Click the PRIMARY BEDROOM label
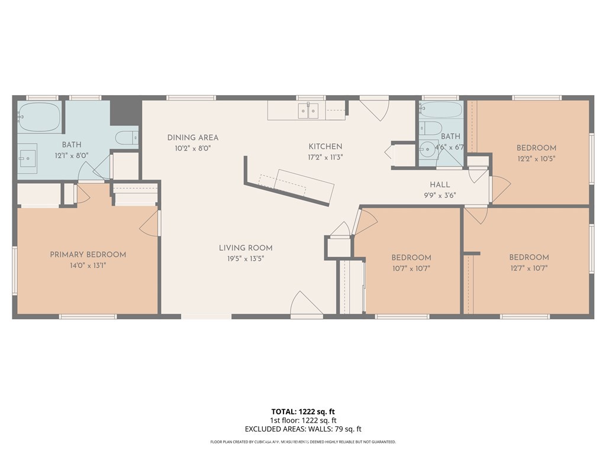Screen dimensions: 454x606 point(88,255)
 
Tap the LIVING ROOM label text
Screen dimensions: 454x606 point(246,248)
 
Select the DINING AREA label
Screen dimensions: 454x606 point(192,138)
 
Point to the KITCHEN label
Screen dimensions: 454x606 point(325,147)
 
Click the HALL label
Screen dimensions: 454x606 point(440,184)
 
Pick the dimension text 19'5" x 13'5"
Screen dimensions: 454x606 point(246,258)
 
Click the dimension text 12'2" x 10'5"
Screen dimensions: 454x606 point(536,158)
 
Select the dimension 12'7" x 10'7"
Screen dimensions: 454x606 point(528,268)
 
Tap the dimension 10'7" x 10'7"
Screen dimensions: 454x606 point(411,268)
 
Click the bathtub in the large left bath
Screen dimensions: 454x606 point(39,117)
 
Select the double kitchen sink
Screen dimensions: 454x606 point(308,110)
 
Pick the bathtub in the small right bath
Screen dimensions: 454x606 point(441,110)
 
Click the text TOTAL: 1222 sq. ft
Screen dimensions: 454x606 point(303,411)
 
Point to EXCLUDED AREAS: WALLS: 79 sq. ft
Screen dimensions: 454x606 point(303,429)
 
